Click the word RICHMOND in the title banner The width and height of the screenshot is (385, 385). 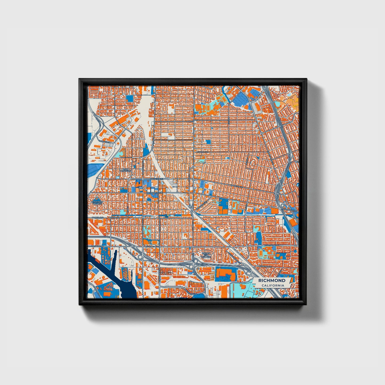[x=272, y=281]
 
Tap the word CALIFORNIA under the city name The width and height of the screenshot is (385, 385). [x=273, y=286]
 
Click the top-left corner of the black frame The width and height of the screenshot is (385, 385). [x=79, y=79]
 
